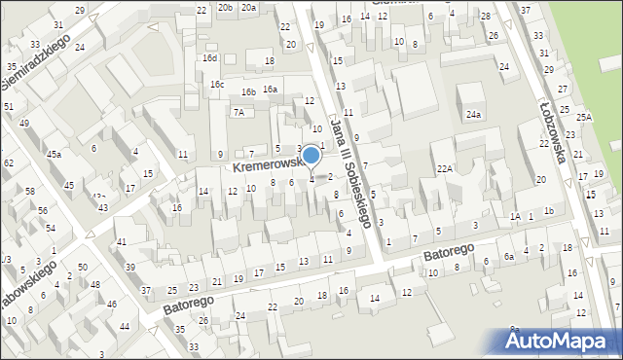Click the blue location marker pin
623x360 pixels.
(311, 156)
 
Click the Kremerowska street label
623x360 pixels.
(265, 166)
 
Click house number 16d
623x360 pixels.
(209, 58)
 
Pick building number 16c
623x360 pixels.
(217, 85)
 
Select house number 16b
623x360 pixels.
(249, 91)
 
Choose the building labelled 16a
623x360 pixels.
(270, 90)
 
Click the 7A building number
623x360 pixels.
(238, 112)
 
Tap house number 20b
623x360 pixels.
(225, 7)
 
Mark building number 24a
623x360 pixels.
(473, 115)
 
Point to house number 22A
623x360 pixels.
(445, 168)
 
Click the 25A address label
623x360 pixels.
(583, 117)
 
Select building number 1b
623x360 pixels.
(549, 211)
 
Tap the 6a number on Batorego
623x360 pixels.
(508, 257)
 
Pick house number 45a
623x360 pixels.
(55, 154)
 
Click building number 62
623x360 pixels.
(8, 162)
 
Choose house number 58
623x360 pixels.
(29, 191)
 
